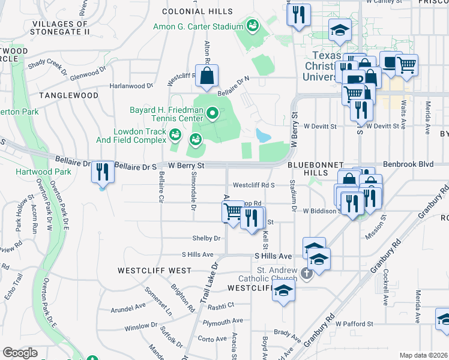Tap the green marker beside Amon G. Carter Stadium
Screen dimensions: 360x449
tap(253, 26)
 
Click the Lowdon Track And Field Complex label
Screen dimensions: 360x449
tap(140, 136)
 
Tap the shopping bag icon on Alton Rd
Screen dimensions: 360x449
tap(206, 77)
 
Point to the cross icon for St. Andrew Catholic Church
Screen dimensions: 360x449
tap(307, 274)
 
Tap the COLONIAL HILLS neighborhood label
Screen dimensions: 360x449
tap(195, 11)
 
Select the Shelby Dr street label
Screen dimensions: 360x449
tap(206, 238)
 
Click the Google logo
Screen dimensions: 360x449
tap(20, 353)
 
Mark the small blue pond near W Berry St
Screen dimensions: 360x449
tap(262, 134)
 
